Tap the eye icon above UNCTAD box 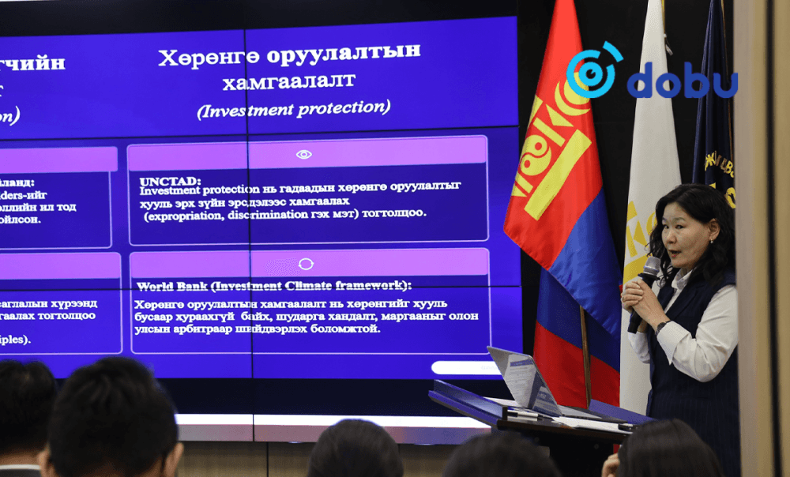tap(303, 154)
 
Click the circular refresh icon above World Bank tap(306, 264)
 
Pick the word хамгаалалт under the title tap(288, 81)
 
